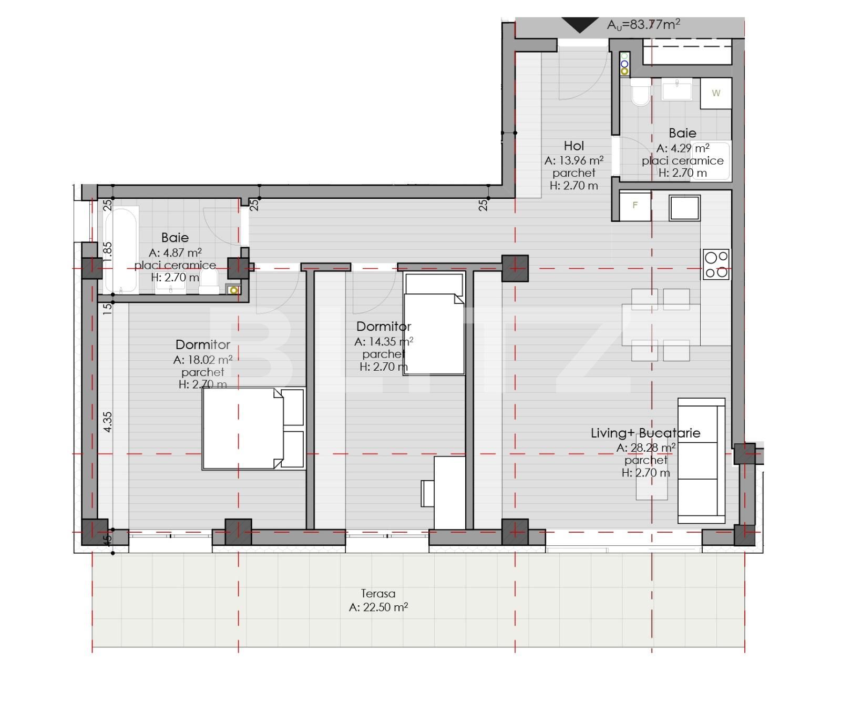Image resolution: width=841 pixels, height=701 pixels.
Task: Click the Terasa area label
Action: click(378, 593)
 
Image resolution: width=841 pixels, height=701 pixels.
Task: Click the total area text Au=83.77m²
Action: click(643, 24)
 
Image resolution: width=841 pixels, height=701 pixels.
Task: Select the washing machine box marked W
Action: click(716, 93)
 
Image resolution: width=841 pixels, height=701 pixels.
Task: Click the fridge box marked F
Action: click(635, 205)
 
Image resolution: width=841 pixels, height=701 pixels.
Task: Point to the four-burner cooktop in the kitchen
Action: click(716, 265)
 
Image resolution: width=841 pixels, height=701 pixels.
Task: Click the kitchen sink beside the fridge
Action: click(684, 208)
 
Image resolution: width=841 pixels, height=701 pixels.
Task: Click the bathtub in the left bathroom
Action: click(121, 249)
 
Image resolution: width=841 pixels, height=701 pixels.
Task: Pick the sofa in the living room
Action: click(701, 461)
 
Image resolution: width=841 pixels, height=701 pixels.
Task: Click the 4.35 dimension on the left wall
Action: click(107, 422)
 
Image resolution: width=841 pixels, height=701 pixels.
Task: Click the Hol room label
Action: click(573, 146)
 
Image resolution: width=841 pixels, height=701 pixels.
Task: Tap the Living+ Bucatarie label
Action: click(645, 433)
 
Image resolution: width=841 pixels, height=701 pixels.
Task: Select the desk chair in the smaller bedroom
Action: click(427, 493)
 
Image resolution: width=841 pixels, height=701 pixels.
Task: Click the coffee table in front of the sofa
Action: click(652, 481)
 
